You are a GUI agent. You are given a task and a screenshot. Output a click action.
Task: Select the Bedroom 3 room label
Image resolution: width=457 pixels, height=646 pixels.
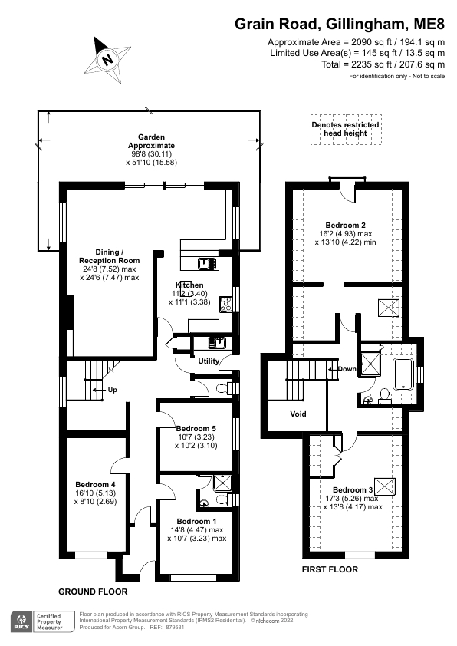(353, 489)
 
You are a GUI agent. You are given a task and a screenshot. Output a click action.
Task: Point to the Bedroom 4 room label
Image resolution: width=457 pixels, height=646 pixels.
(95, 484)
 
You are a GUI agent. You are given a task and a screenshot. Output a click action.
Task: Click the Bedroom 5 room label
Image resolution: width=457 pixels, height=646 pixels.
(196, 428)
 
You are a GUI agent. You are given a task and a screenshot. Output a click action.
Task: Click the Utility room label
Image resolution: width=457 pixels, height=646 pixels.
(209, 361)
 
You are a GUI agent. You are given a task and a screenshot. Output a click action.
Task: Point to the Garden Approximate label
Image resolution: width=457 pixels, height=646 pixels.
(151, 141)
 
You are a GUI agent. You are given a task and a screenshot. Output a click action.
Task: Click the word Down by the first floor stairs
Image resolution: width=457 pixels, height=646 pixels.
(347, 369)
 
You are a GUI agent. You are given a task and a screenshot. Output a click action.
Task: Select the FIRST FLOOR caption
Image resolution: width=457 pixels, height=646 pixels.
(330, 569)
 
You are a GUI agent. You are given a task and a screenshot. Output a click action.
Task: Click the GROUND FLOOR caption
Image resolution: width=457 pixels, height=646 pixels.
(93, 592)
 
